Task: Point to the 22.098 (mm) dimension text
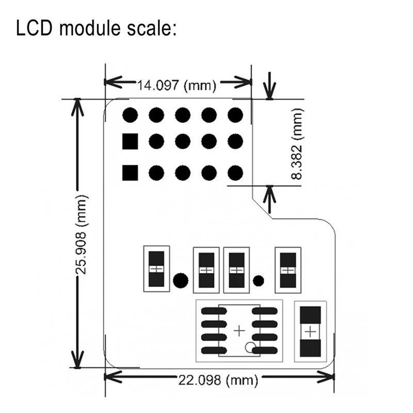218,380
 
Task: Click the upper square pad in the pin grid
130,141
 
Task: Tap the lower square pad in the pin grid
130,172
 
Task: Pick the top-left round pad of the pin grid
130,115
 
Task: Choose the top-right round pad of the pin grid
235,115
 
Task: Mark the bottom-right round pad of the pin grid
235,172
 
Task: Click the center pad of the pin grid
182,141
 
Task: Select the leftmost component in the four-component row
155,269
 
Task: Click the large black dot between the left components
180,280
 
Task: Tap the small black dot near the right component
259,281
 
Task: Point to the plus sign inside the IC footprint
240,331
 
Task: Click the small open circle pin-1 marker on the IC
250,347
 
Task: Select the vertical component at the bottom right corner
310,331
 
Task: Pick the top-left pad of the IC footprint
210,311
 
